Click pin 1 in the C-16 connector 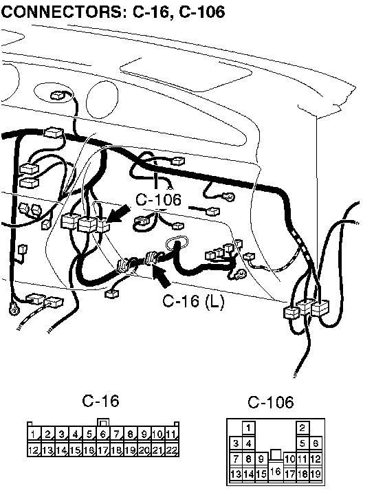coord(34,434)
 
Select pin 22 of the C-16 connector coord(171,450)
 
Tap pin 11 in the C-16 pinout coord(171,434)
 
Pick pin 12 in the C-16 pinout coord(34,450)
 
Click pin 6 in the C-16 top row coord(102,434)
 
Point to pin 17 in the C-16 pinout coord(102,450)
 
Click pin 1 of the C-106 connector coord(249,428)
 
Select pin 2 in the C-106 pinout coord(302,428)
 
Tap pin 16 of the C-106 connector coord(276,472)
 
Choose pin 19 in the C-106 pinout coord(316,474)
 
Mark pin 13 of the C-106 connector coord(236,474)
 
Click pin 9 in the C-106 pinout coord(261,459)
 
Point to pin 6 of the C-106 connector coord(316,443)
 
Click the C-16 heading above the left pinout coord(100,401)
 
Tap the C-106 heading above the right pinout coord(271,402)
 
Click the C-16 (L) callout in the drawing coord(193,301)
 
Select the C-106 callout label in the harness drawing coord(158,200)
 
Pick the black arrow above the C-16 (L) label coord(161,275)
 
